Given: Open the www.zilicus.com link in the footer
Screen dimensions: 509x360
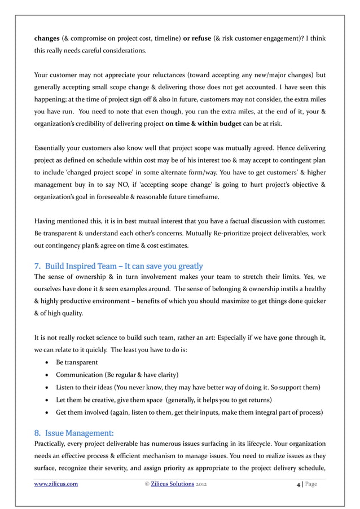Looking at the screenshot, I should pyautogui.click(x=56, y=484).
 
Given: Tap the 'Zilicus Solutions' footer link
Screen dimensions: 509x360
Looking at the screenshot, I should pyautogui.click(x=175, y=484).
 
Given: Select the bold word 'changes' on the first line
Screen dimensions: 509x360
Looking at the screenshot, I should pyautogui.click(x=48, y=38).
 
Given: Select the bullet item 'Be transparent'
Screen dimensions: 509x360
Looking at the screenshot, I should pyautogui.click(x=77, y=362).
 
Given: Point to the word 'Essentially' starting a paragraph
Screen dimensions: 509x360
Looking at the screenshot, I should pyautogui.click(x=52, y=148).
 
